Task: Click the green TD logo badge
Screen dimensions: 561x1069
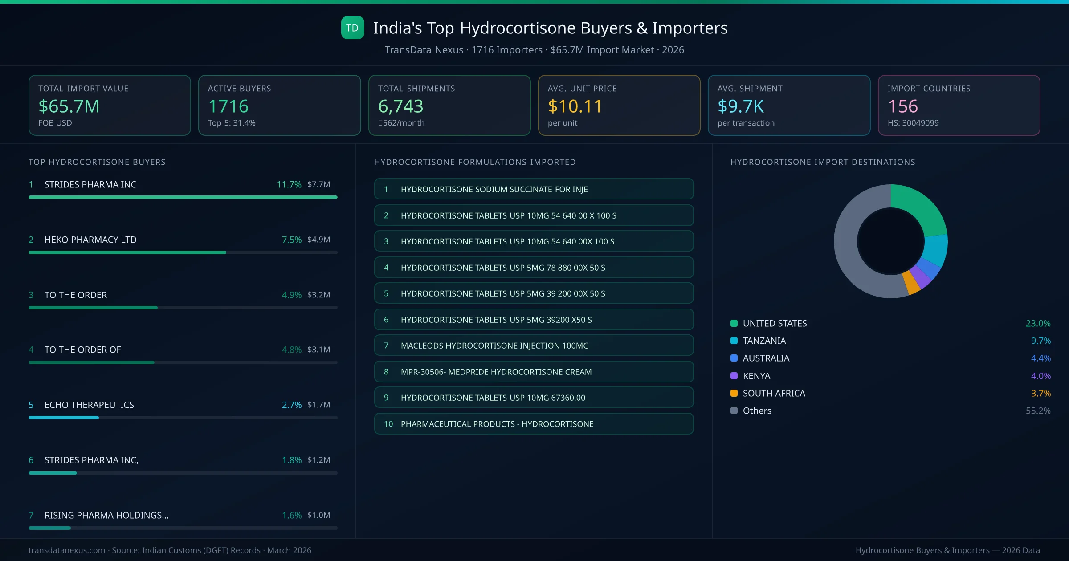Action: (x=352, y=28)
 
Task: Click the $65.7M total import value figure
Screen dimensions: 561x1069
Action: (x=69, y=106)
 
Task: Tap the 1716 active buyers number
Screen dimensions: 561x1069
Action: (x=228, y=106)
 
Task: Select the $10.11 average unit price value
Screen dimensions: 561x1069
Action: (x=575, y=106)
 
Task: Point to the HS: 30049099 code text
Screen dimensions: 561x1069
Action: (x=913, y=123)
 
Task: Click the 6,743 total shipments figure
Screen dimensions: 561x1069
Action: (x=400, y=106)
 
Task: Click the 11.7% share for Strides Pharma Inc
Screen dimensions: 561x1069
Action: (x=289, y=184)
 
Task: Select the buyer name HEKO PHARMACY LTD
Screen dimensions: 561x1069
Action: (x=90, y=240)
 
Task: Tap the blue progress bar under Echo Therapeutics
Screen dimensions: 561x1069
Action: (x=64, y=418)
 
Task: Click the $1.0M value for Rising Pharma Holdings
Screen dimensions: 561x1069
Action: (x=318, y=515)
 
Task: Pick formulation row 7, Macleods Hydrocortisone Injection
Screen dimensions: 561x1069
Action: (x=534, y=346)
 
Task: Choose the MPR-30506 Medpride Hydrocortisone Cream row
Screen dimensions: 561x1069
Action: (x=534, y=372)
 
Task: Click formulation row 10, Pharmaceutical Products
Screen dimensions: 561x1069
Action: (x=534, y=424)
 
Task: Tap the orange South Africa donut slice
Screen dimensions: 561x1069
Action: (x=911, y=283)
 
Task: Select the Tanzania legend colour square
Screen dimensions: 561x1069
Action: (x=734, y=341)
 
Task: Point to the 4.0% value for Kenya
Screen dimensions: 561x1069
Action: (x=1040, y=376)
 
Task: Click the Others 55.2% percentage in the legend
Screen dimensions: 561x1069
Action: (x=1038, y=411)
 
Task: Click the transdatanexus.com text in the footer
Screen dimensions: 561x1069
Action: (x=67, y=550)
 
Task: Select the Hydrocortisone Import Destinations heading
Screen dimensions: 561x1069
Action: (x=823, y=162)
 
